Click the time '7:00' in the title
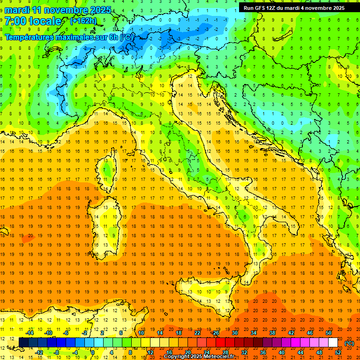coord(16,21)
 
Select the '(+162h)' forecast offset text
coord(83,21)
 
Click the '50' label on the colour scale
coord(328,333)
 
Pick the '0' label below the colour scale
coord(92,352)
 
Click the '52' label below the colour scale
coord(338,352)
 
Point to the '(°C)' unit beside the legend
coord(349,343)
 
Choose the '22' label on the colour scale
coord(197,333)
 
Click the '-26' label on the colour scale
coord(215,333)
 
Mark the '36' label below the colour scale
coord(262,352)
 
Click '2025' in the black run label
coord(336,8)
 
